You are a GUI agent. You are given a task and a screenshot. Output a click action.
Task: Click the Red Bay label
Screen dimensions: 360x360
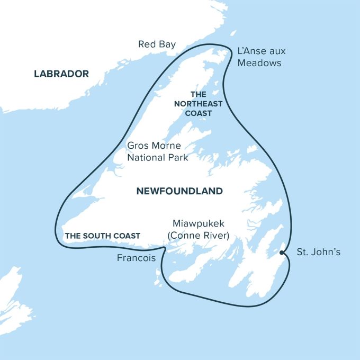click(x=157, y=44)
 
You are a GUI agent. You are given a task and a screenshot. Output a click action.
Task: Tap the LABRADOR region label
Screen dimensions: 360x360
click(x=61, y=74)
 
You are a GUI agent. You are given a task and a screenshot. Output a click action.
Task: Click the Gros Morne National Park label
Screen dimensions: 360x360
click(x=158, y=151)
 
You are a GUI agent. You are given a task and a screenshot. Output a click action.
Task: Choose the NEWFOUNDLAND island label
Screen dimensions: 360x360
click(x=179, y=191)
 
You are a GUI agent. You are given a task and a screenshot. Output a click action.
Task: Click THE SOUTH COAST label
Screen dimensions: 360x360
click(x=103, y=236)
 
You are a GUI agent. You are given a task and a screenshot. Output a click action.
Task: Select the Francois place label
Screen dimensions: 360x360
click(x=136, y=258)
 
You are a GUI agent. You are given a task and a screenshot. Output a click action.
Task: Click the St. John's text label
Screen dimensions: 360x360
click(x=318, y=252)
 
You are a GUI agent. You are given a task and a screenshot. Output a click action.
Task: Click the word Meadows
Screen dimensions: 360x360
click(x=259, y=63)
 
